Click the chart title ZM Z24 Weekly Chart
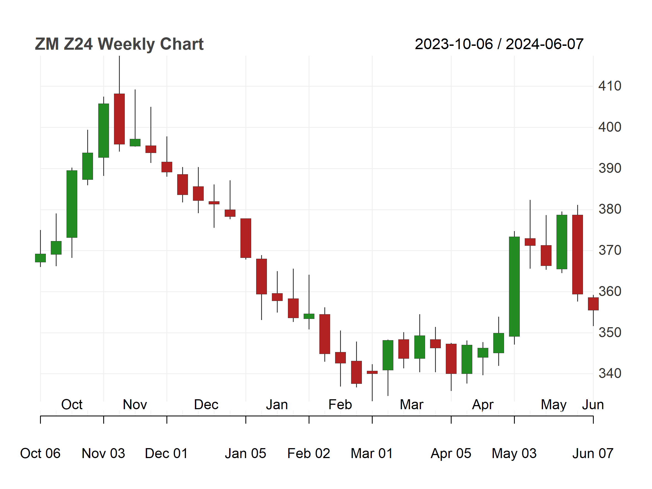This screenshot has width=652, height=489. [x=119, y=44]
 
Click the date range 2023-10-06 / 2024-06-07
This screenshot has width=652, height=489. [x=499, y=44]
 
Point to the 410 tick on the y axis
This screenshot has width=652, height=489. [x=609, y=86]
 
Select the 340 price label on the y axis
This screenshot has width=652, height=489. [x=609, y=374]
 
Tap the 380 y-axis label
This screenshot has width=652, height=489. [x=609, y=209]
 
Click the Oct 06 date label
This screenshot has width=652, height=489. [x=40, y=453]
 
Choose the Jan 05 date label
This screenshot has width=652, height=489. [x=245, y=453]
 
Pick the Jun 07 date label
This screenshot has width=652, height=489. [x=593, y=453]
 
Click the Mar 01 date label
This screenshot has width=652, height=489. [x=372, y=453]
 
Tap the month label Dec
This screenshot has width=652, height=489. [x=206, y=405]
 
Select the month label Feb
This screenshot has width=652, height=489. [x=340, y=405]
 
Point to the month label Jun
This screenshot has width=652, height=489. [x=593, y=405]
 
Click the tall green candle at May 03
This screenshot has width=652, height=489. [x=514, y=287]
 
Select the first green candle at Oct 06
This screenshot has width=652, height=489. [x=40, y=258]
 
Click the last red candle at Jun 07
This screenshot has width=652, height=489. [x=593, y=304]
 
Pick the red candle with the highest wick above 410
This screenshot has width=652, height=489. [x=119, y=119]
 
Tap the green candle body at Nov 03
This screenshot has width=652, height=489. [x=104, y=131]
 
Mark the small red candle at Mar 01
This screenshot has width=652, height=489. [x=372, y=372]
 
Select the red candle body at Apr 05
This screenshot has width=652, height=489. [x=451, y=359]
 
